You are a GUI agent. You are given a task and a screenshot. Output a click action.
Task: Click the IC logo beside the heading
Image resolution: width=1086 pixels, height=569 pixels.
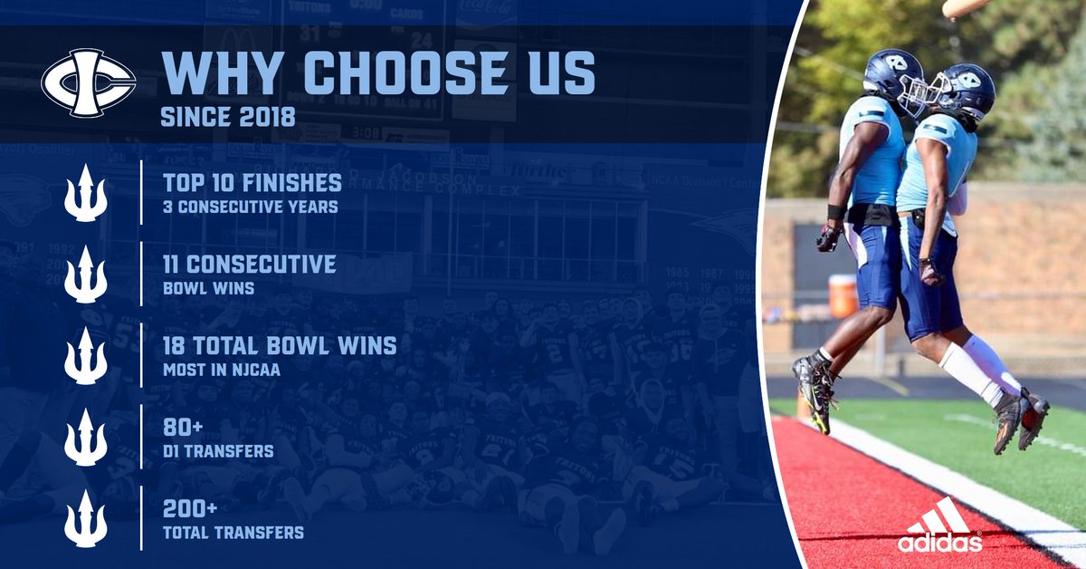[88, 83]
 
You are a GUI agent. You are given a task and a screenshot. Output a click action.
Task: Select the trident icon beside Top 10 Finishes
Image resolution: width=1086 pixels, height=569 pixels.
[86, 192]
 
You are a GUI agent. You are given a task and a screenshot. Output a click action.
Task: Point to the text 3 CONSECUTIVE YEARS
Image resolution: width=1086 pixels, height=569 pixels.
[250, 207]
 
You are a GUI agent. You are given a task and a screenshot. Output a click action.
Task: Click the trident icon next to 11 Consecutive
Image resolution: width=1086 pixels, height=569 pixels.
[86, 274]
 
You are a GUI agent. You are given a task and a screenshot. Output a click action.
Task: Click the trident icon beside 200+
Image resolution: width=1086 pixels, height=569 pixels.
[86, 518]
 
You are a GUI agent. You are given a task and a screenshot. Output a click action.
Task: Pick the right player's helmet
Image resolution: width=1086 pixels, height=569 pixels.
[965, 91]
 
